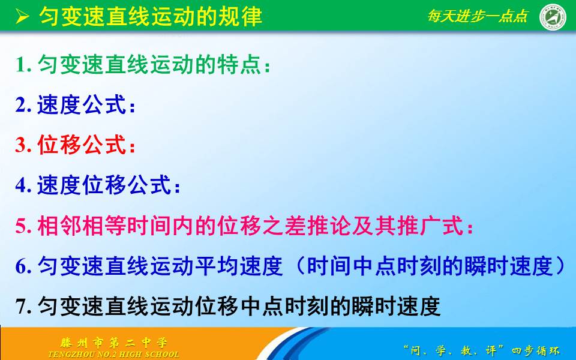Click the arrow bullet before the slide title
tap(22, 16)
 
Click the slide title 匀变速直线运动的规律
tap(151, 16)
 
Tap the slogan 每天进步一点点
tap(478, 16)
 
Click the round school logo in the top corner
tap(553, 17)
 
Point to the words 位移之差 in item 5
tap(281, 227)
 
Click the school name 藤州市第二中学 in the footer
tap(113, 343)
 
